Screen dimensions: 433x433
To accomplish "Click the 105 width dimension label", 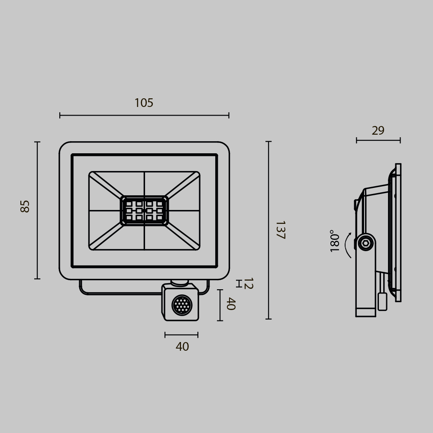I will click(144, 103).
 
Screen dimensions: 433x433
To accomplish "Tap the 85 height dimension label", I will click(26, 206).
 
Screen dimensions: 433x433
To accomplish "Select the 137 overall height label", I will click(279, 230).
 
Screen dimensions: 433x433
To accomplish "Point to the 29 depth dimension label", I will click(378, 131).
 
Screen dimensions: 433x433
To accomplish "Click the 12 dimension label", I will click(248, 284).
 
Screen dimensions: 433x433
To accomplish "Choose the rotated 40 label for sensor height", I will click(230, 304).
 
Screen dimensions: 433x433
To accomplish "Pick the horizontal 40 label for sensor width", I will click(182, 347).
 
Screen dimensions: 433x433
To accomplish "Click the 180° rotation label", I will click(335, 241).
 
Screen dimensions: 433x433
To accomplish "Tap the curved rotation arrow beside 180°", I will click(347, 245).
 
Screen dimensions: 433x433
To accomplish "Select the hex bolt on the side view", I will click(365, 243).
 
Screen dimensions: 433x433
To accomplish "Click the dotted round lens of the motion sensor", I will click(182, 305).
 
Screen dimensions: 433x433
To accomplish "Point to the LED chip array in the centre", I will click(144, 210).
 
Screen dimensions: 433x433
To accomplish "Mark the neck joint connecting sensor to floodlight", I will click(179, 283).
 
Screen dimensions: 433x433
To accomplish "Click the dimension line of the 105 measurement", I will click(144, 116).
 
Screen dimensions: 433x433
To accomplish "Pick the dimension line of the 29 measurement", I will click(378, 140).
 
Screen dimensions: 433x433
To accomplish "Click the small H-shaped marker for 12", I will click(238, 284).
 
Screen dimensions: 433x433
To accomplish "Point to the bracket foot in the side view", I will click(365, 312).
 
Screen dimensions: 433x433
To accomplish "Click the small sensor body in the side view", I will click(382, 302).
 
